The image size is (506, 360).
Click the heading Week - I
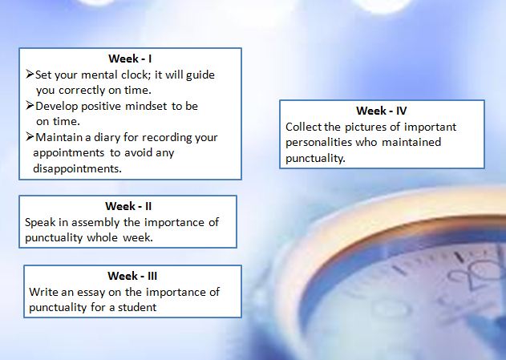click(130, 59)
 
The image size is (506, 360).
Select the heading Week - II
click(128, 206)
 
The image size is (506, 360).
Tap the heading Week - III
click(132, 276)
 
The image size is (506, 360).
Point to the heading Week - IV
click(382, 111)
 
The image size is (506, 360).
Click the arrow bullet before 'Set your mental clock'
click(30, 75)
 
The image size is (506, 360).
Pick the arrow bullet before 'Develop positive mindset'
click(30, 106)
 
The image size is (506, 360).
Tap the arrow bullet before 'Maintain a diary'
click(30, 137)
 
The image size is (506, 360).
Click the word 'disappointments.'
click(78, 168)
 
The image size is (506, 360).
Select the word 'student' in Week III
click(137, 307)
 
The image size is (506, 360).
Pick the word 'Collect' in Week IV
click(304, 127)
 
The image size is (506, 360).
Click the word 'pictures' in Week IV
click(366, 127)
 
